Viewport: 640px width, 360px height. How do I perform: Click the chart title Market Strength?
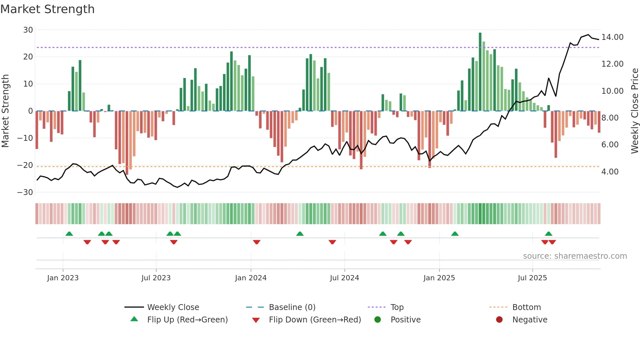tap(47, 9)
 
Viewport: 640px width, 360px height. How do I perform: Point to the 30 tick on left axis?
tap(28, 30)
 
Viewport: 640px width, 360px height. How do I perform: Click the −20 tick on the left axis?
tap(25, 165)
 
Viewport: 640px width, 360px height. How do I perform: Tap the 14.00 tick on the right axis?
tap(612, 37)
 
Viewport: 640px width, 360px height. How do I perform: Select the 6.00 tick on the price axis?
tap(610, 145)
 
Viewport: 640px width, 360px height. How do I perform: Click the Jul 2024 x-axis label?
tap(344, 278)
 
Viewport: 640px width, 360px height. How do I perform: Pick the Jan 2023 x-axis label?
tap(63, 278)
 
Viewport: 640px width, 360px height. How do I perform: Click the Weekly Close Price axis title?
tap(634, 111)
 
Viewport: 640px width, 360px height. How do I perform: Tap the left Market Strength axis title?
tap(5, 111)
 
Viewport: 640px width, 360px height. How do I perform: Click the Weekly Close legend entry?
tap(173, 307)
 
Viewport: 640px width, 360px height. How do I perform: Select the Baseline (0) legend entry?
tap(292, 307)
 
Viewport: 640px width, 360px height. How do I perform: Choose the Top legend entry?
tap(397, 307)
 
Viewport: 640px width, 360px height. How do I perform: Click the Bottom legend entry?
tap(526, 307)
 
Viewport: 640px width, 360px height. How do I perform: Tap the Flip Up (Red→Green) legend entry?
tap(187, 320)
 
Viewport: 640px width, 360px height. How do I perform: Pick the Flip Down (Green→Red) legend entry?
tap(315, 320)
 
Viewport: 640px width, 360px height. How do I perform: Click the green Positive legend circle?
tap(377, 320)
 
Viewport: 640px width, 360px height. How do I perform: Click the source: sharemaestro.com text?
tap(575, 256)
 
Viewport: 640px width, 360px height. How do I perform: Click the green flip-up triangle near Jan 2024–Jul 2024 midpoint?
tap(300, 234)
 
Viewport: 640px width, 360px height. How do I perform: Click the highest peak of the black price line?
tap(588, 35)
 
